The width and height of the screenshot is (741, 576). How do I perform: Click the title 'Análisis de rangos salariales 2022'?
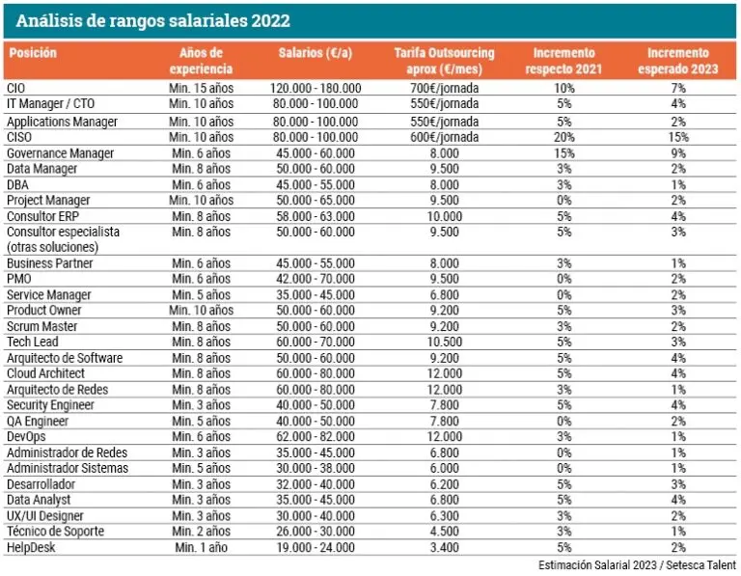point(154,20)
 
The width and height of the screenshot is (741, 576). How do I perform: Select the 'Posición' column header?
point(33,53)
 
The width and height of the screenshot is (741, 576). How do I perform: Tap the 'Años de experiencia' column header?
point(201,61)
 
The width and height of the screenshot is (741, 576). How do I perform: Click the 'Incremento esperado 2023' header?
point(677,61)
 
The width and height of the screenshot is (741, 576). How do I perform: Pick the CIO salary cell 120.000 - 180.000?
point(316,89)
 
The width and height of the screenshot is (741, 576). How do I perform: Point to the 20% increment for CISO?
point(564,137)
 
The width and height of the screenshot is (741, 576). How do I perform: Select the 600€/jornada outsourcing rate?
point(445,137)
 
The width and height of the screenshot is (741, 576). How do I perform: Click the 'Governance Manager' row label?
point(60,153)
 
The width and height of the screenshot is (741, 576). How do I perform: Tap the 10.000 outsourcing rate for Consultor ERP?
point(443,216)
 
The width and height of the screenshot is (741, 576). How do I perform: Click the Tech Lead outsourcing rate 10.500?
point(443,343)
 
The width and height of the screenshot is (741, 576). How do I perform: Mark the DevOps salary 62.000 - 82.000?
point(316,437)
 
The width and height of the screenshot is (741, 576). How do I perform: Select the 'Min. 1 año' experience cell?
point(201,547)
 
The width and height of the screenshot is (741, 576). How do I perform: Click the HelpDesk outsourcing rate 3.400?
point(443,547)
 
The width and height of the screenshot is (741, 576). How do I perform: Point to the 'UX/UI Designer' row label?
point(45,515)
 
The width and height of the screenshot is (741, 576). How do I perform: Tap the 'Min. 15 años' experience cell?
point(201,89)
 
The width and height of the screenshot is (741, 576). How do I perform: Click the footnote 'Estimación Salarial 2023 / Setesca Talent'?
point(636,565)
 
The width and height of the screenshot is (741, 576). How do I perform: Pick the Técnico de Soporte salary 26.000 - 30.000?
point(316,532)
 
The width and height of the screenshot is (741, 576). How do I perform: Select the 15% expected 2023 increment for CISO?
point(677,137)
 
